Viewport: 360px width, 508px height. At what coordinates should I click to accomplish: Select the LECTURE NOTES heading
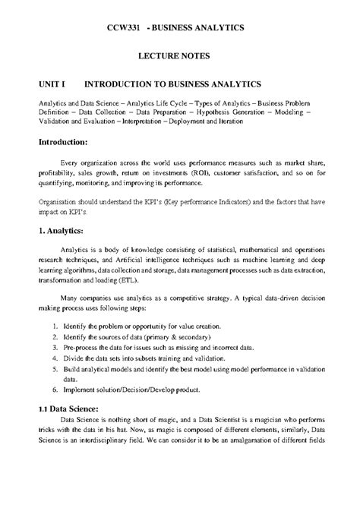pos(179,56)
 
